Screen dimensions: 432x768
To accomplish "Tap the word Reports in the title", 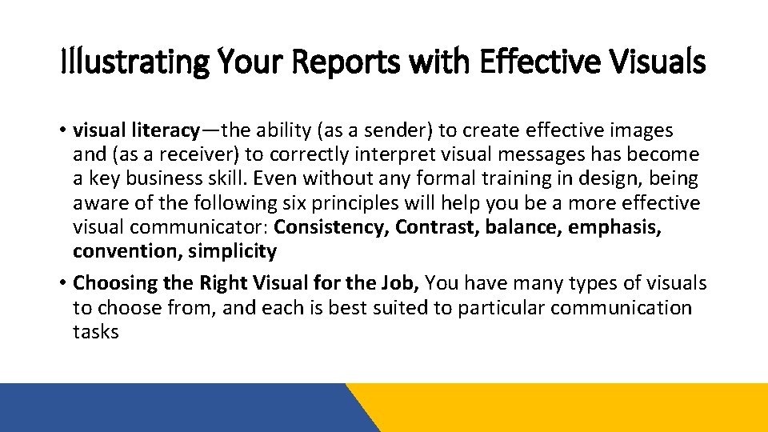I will click(326, 62).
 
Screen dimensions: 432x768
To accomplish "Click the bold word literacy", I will click(164, 130).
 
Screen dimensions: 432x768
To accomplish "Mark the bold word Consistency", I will click(332, 227).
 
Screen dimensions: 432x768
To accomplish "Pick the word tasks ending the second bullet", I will click(95, 331).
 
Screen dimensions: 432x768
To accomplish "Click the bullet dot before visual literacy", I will click(63, 130).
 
